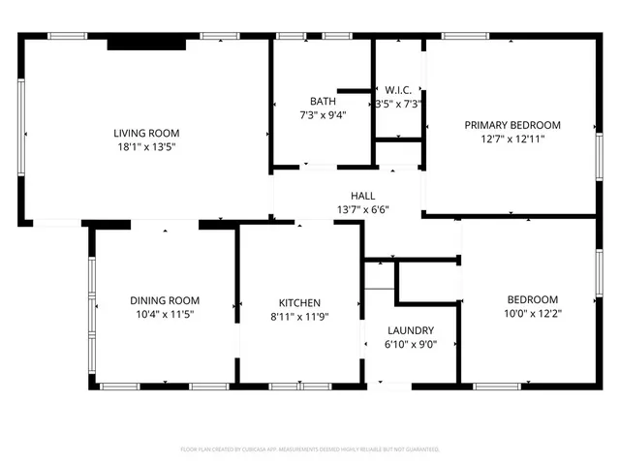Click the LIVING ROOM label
click(x=146, y=134)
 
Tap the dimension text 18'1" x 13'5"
click(x=146, y=147)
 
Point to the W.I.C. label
click(x=398, y=90)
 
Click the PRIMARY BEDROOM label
click(x=512, y=125)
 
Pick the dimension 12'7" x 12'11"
click(x=512, y=139)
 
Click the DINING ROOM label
click(x=165, y=301)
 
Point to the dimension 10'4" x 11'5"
click(x=165, y=315)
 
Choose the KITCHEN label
click(x=299, y=302)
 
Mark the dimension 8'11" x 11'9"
click(x=299, y=316)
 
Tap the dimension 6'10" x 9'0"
click(x=411, y=343)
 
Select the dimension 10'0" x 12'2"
click(x=533, y=313)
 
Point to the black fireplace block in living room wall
click(x=144, y=43)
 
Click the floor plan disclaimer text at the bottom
click(x=310, y=449)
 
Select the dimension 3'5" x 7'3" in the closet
click(x=398, y=104)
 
